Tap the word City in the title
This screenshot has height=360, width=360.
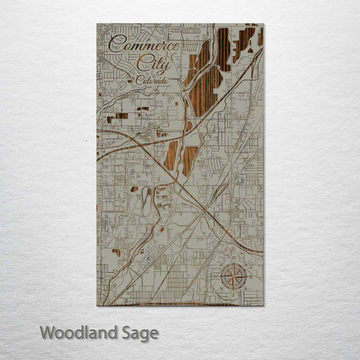click(x=153, y=63)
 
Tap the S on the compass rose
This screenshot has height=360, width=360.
click(x=233, y=294)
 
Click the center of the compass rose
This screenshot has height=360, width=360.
click(x=233, y=277)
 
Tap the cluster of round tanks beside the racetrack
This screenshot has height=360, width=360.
click(x=163, y=197)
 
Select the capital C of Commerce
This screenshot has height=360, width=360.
click(x=115, y=43)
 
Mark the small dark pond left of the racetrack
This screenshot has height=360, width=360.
click(x=134, y=189)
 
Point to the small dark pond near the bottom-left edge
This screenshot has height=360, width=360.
click(x=116, y=252)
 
